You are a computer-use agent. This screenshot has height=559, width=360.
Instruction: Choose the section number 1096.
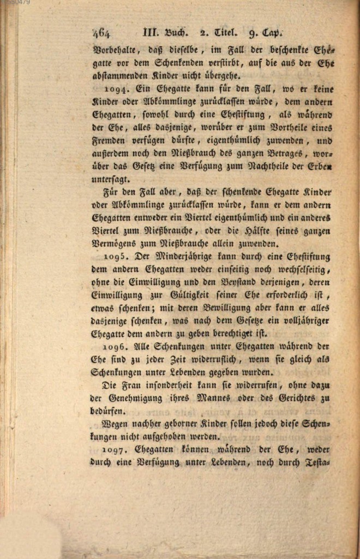pyautogui.click(x=116, y=347)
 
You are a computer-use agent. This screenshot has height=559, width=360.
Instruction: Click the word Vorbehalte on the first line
pyautogui.click(x=116, y=50)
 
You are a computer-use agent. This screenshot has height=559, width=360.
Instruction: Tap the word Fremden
pyautogui.click(x=109, y=141)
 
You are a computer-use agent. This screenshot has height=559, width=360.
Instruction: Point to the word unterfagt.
pyautogui.click(x=112, y=180)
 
